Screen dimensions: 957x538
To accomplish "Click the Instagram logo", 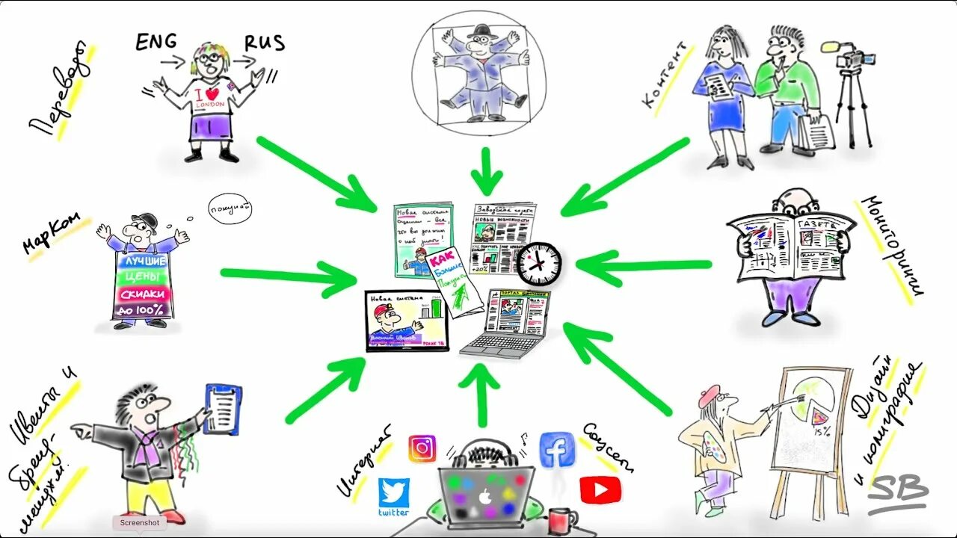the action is (x=422, y=448).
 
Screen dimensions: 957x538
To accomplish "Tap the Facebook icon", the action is (x=557, y=449).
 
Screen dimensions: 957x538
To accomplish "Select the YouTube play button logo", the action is (x=600, y=489).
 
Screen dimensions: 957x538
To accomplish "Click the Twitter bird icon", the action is (x=393, y=492).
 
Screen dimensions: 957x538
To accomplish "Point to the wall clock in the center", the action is (x=538, y=263).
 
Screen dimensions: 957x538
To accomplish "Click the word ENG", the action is (x=157, y=43).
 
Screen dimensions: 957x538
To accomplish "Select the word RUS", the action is (x=265, y=43).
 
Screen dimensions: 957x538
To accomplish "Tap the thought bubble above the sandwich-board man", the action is (x=230, y=208).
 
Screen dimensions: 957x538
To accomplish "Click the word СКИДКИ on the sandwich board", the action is (x=143, y=293).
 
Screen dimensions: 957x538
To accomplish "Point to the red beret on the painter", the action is (x=708, y=396).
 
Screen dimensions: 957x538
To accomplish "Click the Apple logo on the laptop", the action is (x=485, y=495).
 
